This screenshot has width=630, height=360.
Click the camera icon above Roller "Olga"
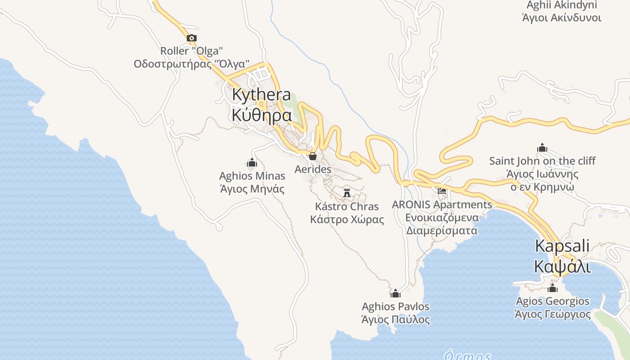click(192, 38)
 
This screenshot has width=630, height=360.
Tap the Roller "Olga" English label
click(192, 51)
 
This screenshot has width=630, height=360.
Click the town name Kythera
click(261, 95)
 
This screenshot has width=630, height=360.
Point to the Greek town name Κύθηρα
click(261, 115)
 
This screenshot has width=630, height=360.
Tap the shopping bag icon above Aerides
click(313, 156)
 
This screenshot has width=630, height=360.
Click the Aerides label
click(313, 169)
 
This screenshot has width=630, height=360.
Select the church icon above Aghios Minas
click(252, 162)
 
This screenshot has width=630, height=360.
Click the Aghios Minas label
click(252, 175)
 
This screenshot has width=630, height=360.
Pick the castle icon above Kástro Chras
click(347, 193)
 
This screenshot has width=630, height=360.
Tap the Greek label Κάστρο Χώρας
click(347, 220)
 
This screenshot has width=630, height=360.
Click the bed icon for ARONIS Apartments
click(442, 191)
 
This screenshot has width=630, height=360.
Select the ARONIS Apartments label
click(442, 205)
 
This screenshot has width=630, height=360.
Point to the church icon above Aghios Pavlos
click(396, 294)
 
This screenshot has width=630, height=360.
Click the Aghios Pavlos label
click(396, 306)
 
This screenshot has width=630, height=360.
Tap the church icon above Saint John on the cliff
click(542, 148)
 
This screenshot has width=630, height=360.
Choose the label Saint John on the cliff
click(542, 161)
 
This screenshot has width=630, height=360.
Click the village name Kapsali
click(562, 246)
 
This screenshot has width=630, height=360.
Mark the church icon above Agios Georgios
click(553, 288)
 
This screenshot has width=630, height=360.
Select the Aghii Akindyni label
click(562, 5)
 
